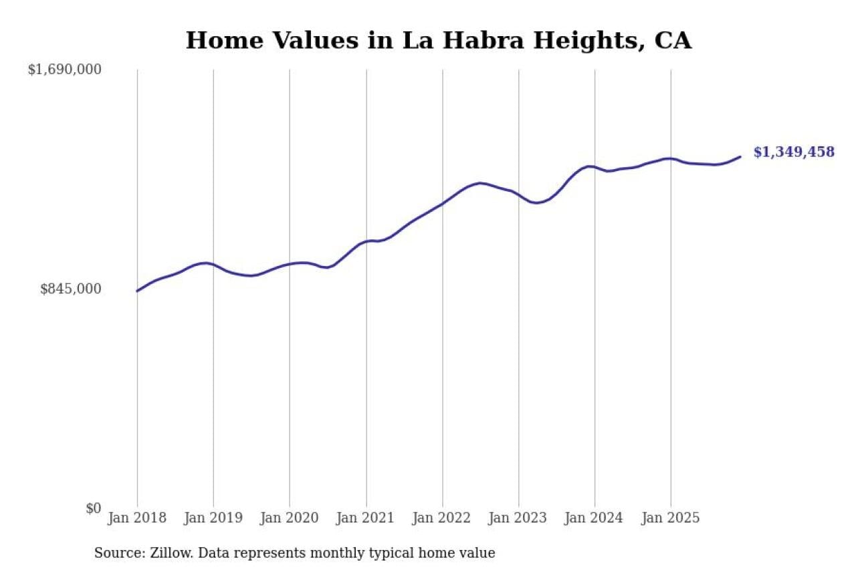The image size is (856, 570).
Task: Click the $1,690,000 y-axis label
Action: pyautogui.click(x=64, y=69)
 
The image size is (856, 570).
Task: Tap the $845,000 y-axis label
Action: pyautogui.click(x=71, y=289)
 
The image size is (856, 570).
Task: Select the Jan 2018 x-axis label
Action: pyautogui.click(x=137, y=518)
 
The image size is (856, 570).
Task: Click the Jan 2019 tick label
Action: pyautogui.click(x=213, y=518)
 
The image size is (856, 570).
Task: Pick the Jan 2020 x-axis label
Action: pyautogui.click(x=290, y=518)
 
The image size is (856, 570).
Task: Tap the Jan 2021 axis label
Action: pyautogui.click(x=366, y=518)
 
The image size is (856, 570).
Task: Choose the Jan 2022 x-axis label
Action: pyautogui.click(x=442, y=518)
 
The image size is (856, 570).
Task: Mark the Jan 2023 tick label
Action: pyautogui.click(x=518, y=518)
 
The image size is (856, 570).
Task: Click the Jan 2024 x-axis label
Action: pyautogui.click(x=595, y=518)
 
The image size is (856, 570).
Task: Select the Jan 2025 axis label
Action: pyautogui.click(x=671, y=518)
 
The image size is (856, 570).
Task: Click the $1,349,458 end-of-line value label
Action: pyautogui.click(x=794, y=152)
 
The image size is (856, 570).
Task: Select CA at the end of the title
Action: pyautogui.click(x=673, y=41)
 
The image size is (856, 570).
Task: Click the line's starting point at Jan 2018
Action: pyautogui.click(x=137, y=291)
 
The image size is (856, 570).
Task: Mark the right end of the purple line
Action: pyautogui.click(x=740, y=156)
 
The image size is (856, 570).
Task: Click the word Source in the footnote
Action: pyautogui.click(x=114, y=553)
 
